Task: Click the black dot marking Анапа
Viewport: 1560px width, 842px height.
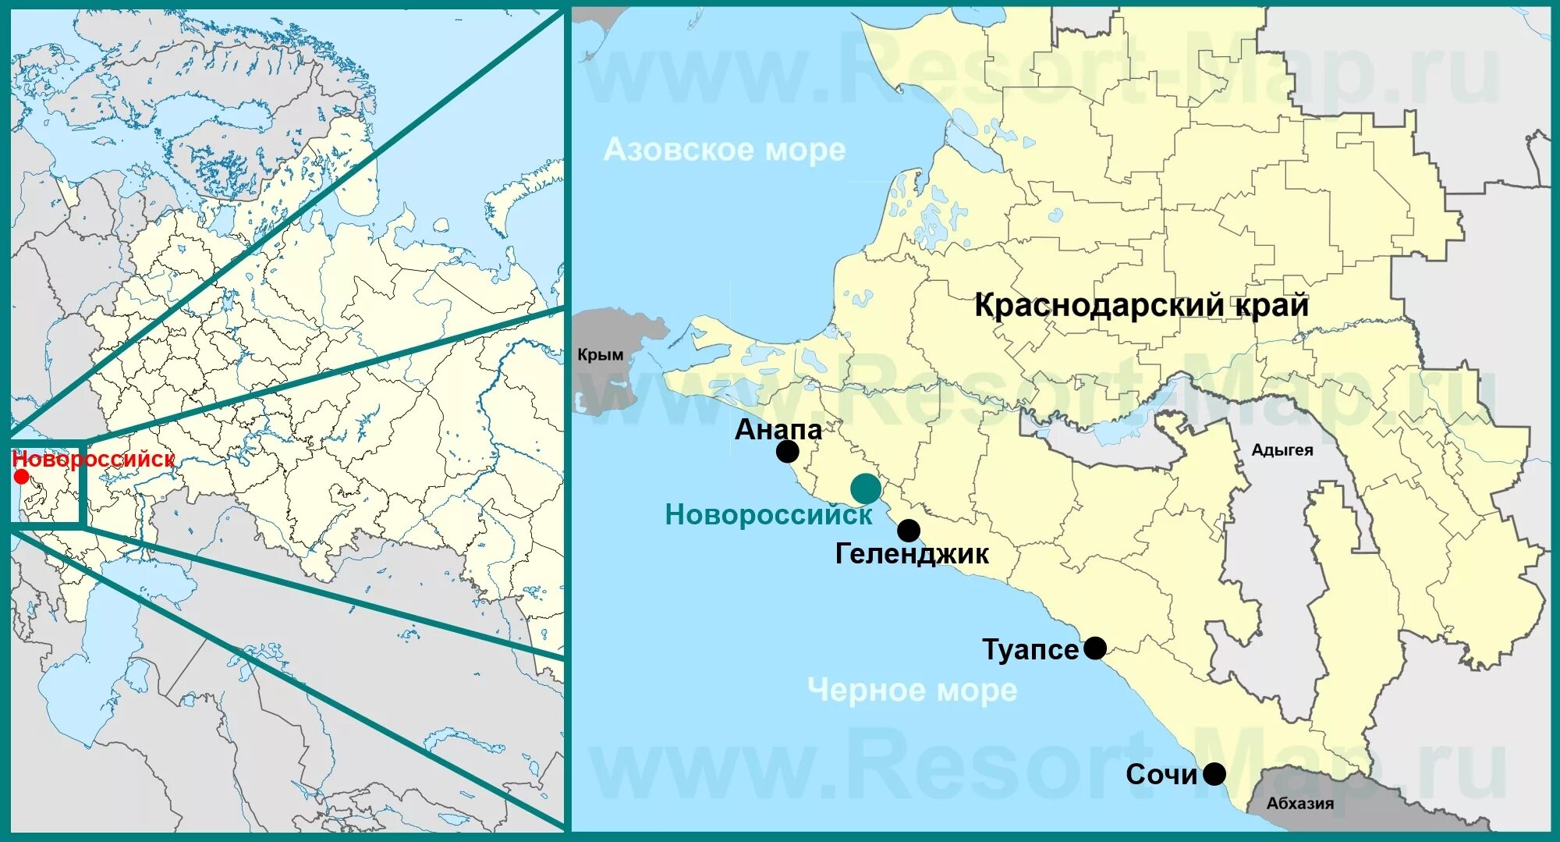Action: pos(788,451)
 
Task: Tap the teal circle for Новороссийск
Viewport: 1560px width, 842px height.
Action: pos(865,489)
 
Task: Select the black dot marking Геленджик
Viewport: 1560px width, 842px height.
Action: pos(908,531)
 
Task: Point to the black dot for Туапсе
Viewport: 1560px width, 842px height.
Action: pos(1095,648)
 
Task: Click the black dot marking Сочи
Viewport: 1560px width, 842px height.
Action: pos(1214,774)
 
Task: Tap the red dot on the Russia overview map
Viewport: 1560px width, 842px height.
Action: pos(21,477)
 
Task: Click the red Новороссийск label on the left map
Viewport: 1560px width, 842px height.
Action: pos(94,459)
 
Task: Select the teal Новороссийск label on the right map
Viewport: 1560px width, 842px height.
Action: pos(768,515)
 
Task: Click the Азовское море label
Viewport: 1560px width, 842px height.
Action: pos(725,149)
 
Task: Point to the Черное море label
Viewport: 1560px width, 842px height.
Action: pos(912,690)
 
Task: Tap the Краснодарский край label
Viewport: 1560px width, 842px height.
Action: pos(1141,305)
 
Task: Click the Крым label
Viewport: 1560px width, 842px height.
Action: pos(600,355)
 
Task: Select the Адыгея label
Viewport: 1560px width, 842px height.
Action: pos(1282,450)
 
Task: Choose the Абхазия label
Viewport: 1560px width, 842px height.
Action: pos(1299,803)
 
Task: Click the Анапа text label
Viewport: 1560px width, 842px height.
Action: pos(778,429)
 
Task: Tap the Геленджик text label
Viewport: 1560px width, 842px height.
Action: pos(912,554)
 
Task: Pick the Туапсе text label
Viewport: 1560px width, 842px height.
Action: pos(1030,649)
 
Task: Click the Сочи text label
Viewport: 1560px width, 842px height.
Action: pos(1161,774)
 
